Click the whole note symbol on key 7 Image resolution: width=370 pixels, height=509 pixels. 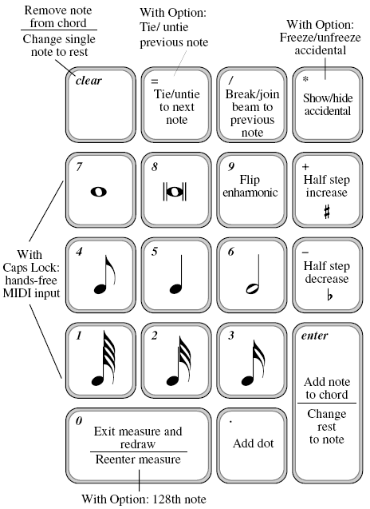99,192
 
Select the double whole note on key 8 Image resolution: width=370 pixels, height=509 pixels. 175,192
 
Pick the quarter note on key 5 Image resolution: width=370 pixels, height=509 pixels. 176,275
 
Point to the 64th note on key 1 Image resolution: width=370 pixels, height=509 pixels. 103,358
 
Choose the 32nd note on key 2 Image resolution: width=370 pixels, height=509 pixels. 179,361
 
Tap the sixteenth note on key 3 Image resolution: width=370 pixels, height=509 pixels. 253,363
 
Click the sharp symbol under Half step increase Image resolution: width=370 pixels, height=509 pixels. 327,213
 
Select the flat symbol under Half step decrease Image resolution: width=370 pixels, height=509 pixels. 329,296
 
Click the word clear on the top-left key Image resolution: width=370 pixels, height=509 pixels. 89,81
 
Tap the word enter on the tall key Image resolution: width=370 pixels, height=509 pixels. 314,336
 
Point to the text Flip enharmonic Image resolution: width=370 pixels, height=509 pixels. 250,186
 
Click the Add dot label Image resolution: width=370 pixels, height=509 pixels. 253,443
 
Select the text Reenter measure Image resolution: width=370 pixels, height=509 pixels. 138,459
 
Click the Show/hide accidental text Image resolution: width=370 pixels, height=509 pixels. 328,105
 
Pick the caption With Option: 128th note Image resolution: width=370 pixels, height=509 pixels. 144,499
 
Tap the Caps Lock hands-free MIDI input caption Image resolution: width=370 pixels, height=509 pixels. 31,273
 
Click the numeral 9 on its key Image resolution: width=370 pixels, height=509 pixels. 230,166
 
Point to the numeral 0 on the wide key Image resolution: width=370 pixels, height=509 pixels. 79,421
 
